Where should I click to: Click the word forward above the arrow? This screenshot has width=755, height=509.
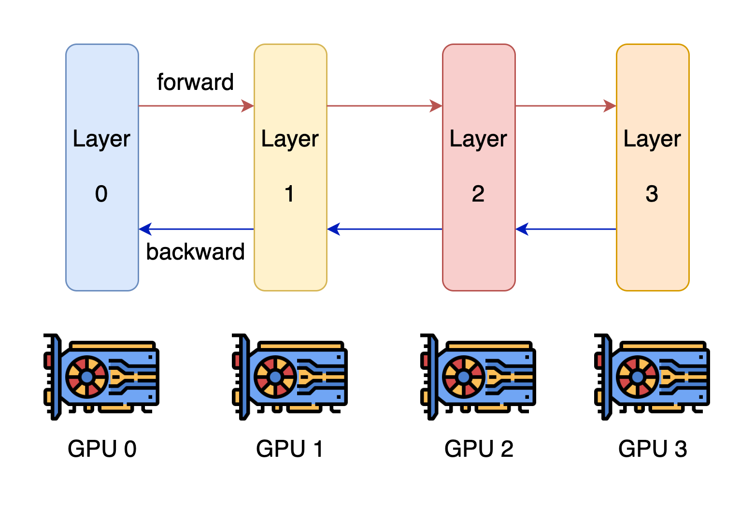pyautogui.click(x=195, y=82)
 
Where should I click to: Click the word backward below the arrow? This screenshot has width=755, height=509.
pyautogui.click(x=195, y=252)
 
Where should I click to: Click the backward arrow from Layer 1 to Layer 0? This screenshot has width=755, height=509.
pyautogui.click(x=196, y=229)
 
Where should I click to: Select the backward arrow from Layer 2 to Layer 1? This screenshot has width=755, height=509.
pyautogui.click(x=384, y=229)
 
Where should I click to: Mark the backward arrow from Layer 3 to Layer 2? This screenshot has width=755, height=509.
pyautogui.click(x=565, y=229)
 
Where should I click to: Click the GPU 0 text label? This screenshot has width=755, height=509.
pyautogui.click(x=102, y=449)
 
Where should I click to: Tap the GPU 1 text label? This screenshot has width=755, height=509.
pyautogui.click(x=289, y=449)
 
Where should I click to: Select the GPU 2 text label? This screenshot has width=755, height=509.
pyautogui.click(x=479, y=449)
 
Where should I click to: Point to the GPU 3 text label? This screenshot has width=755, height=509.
pyautogui.click(x=652, y=449)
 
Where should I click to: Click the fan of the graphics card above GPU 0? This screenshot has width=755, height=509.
pyautogui.click(x=87, y=377)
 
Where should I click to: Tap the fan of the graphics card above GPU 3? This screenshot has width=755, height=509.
pyautogui.click(x=638, y=377)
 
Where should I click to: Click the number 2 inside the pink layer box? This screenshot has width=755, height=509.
pyautogui.click(x=478, y=194)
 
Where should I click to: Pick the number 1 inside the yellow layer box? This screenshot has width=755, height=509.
pyautogui.click(x=289, y=194)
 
